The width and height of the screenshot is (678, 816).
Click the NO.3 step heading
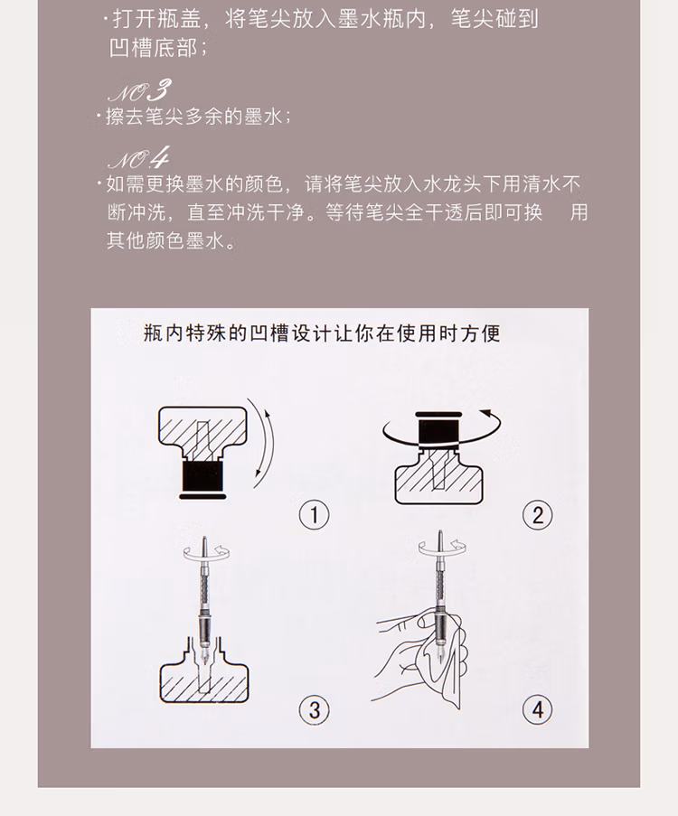pos(137,90)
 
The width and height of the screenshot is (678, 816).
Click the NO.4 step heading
pos(137,159)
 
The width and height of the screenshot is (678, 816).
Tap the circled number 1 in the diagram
pos(314,515)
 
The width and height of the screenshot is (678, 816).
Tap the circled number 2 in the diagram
pos(537,515)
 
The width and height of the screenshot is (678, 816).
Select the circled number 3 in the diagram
pos(314,709)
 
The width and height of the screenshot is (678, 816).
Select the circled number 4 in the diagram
pos(537,709)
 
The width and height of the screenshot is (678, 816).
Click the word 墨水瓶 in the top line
pos(387,19)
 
